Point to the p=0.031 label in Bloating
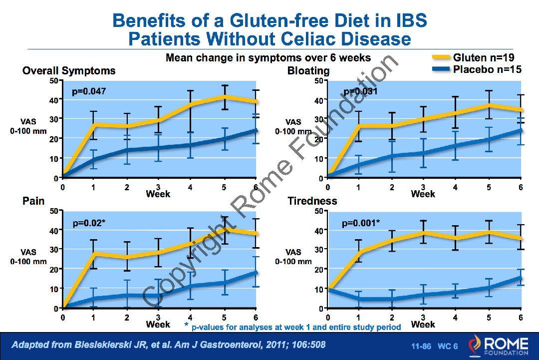(x=360, y=92)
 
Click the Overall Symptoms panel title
(x=69, y=71)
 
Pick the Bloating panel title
(x=308, y=71)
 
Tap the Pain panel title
(x=33, y=201)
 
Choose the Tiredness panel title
(x=312, y=201)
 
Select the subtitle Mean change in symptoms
(x=268, y=58)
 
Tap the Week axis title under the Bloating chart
(x=423, y=194)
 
